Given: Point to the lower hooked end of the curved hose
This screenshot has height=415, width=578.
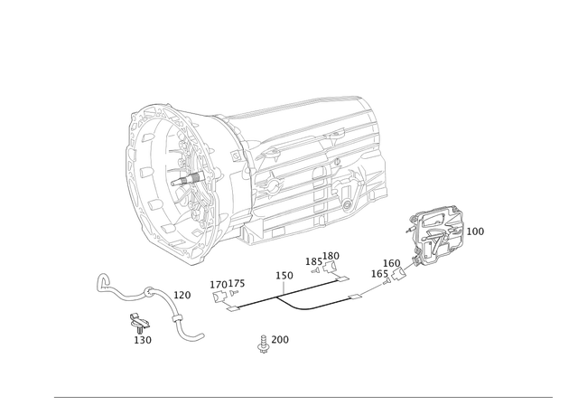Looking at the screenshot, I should [194, 336].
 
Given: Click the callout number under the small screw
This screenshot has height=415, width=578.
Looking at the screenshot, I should [142, 339].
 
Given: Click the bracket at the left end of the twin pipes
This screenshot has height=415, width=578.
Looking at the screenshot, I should [226, 288].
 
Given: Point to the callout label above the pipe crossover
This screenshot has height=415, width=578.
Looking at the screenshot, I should [284, 273].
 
